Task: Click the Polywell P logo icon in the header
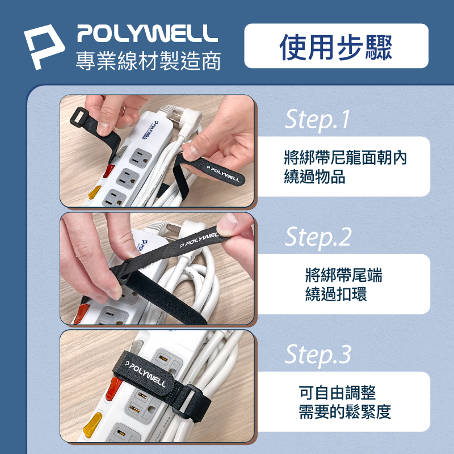coord(44,47)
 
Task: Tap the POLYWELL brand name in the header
coord(148,33)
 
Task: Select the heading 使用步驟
coord(336,47)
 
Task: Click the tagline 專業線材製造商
coord(148,61)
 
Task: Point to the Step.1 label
coord(317,119)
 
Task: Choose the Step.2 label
coord(318,237)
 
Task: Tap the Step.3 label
coord(318,354)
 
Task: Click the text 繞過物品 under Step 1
coord(314,176)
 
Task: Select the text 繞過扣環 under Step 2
coord(336,294)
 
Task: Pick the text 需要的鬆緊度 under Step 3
coord(345,412)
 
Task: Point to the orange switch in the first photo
coord(94,192)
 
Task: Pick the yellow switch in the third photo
coord(92,424)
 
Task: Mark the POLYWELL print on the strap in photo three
coord(145,374)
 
